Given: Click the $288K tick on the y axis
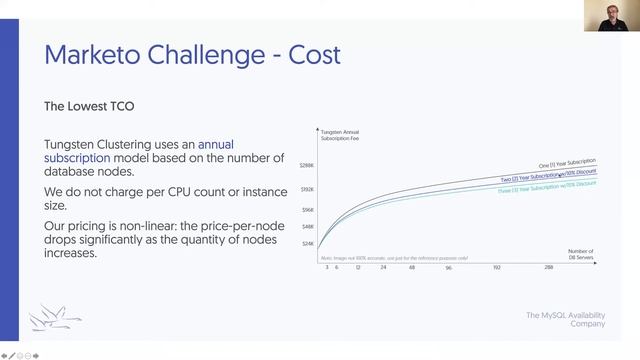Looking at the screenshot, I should click(308, 165).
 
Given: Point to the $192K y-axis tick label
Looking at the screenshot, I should click(308, 189).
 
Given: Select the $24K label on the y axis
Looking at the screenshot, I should click(309, 244).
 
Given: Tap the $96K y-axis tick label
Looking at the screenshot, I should click(309, 210).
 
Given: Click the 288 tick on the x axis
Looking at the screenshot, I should click(548, 268).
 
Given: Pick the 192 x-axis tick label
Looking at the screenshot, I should click(496, 268).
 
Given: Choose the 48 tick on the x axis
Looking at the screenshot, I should click(413, 268).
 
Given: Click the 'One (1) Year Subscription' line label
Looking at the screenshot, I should click(567, 162).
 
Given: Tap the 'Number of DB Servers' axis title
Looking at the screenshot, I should click(581, 254).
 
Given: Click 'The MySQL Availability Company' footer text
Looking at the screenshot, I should click(565, 319).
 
